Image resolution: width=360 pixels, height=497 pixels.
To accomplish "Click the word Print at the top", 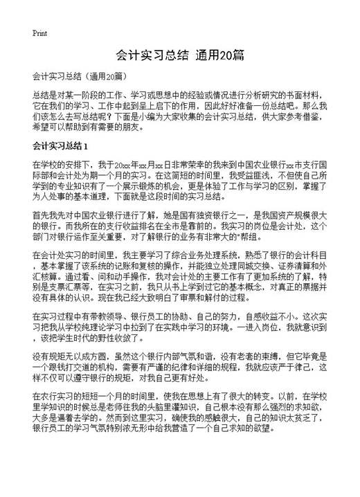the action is pos(39,33).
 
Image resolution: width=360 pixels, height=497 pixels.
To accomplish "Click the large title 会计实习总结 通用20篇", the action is pos(179,55).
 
